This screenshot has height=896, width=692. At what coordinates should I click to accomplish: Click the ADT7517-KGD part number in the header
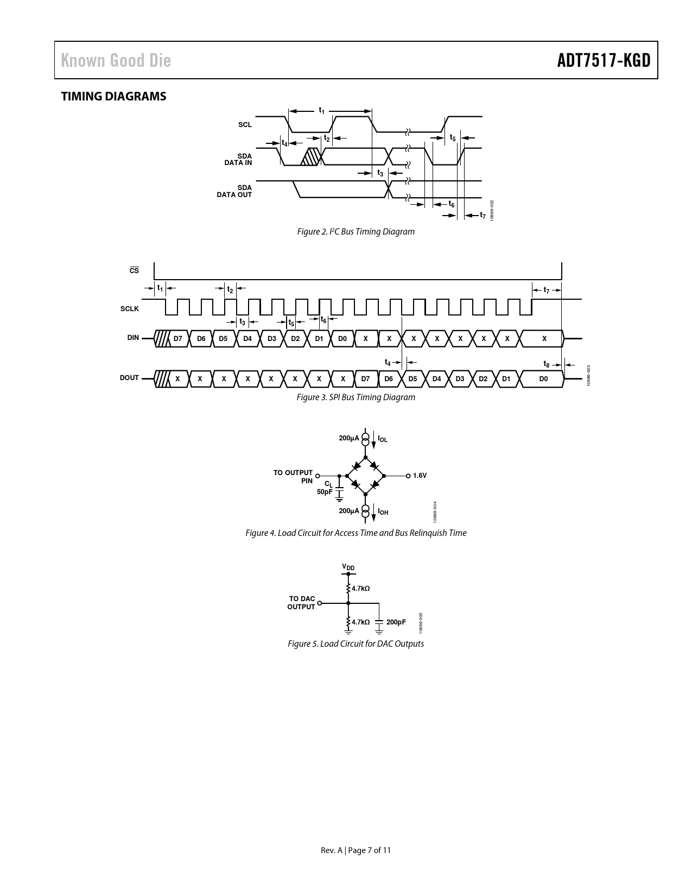tap(604, 60)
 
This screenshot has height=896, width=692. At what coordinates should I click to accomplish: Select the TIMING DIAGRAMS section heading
tap(114, 97)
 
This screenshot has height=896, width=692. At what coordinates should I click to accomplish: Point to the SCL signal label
tap(245, 124)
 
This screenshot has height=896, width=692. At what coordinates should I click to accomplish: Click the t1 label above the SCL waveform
tap(321, 110)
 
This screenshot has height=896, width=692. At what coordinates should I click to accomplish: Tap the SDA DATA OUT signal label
tap(234, 191)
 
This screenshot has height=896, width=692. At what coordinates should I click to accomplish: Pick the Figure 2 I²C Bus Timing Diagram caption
tap(355, 232)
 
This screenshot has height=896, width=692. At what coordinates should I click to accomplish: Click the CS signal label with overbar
tap(135, 270)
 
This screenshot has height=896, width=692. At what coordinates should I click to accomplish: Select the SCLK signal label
tap(129, 309)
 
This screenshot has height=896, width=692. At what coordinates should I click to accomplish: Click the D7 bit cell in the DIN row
tap(177, 338)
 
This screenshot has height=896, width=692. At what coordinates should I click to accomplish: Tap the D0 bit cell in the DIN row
tap(342, 338)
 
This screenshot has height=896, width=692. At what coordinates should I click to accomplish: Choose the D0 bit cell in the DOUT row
tap(543, 379)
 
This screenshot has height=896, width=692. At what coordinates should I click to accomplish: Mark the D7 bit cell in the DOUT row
tap(366, 379)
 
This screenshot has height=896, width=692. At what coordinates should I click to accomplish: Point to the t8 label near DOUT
tap(547, 364)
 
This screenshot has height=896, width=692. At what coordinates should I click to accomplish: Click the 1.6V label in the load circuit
tap(420, 475)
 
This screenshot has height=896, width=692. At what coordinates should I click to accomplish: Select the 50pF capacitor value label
tap(325, 492)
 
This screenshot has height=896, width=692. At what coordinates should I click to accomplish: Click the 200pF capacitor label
tap(396, 622)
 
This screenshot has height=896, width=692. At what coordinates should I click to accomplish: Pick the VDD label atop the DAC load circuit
tap(348, 567)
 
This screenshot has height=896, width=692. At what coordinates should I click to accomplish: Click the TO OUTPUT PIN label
tap(293, 477)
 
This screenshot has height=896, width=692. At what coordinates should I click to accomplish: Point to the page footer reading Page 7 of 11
tap(369, 850)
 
